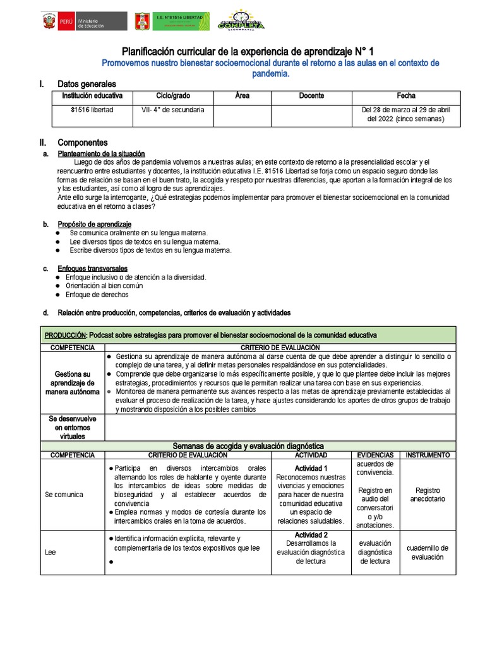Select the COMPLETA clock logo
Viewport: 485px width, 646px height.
click(241, 20)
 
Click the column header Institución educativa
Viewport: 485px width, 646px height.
click(92, 96)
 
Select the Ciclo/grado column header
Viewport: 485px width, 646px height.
click(172, 96)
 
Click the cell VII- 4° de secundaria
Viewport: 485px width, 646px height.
click(172, 110)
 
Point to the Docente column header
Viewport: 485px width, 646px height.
click(311, 96)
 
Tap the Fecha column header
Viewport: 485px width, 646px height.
click(406, 96)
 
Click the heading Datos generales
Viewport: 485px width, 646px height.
click(87, 84)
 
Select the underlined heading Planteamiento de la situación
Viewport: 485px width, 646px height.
click(101, 153)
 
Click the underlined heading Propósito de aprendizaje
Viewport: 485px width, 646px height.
click(94, 224)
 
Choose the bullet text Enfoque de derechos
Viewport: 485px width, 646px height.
click(97, 295)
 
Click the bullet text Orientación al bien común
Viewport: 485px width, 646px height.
click(104, 286)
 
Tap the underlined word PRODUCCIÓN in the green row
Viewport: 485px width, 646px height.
click(64, 335)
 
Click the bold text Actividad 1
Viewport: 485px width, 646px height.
click(311, 469)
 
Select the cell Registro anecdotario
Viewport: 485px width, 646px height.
click(427, 494)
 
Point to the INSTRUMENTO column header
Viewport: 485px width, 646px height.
click(428, 455)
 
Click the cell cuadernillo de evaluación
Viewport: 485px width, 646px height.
click(427, 552)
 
